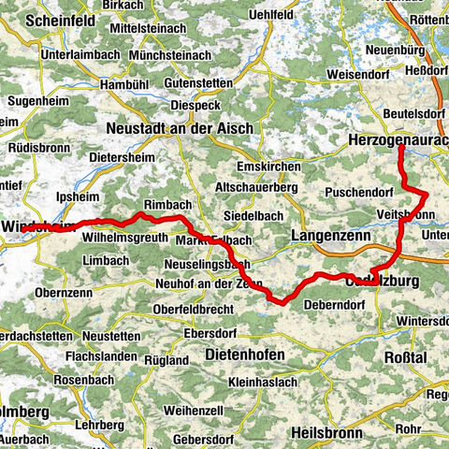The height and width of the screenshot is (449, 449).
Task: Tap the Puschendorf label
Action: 356,193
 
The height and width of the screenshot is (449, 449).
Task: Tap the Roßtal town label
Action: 405,357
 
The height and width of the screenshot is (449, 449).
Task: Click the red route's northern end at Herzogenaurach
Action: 399,147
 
